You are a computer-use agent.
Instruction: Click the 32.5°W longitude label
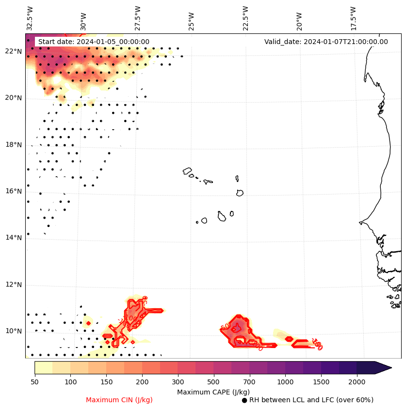click(x=30, y=18)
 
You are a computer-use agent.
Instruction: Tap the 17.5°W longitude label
click(x=353, y=18)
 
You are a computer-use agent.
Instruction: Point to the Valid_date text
click(x=326, y=42)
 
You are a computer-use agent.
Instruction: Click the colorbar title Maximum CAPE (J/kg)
click(x=212, y=392)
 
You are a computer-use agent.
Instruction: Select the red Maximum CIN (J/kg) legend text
click(x=119, y=400)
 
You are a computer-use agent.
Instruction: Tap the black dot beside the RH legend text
click(x=244, y=400)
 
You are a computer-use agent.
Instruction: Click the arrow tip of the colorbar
click(x=390, y=368)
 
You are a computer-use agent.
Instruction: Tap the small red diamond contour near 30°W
click(x=88, y=323)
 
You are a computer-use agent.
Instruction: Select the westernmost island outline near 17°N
click(x=187, y=171)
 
